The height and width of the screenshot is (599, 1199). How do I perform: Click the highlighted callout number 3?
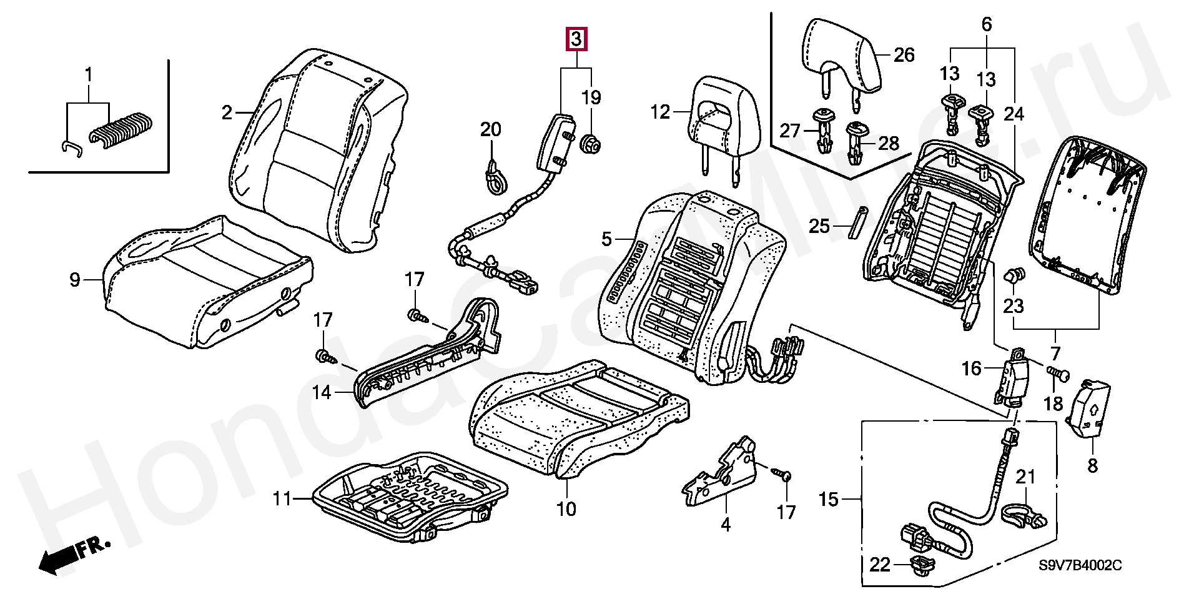click(x=576, y=39)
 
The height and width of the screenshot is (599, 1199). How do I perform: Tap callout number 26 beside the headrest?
click(x=904, y=55)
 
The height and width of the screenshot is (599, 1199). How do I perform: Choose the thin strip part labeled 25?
click(x=856, y=222)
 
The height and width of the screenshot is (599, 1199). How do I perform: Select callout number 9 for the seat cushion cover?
click(x=75, y=280)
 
